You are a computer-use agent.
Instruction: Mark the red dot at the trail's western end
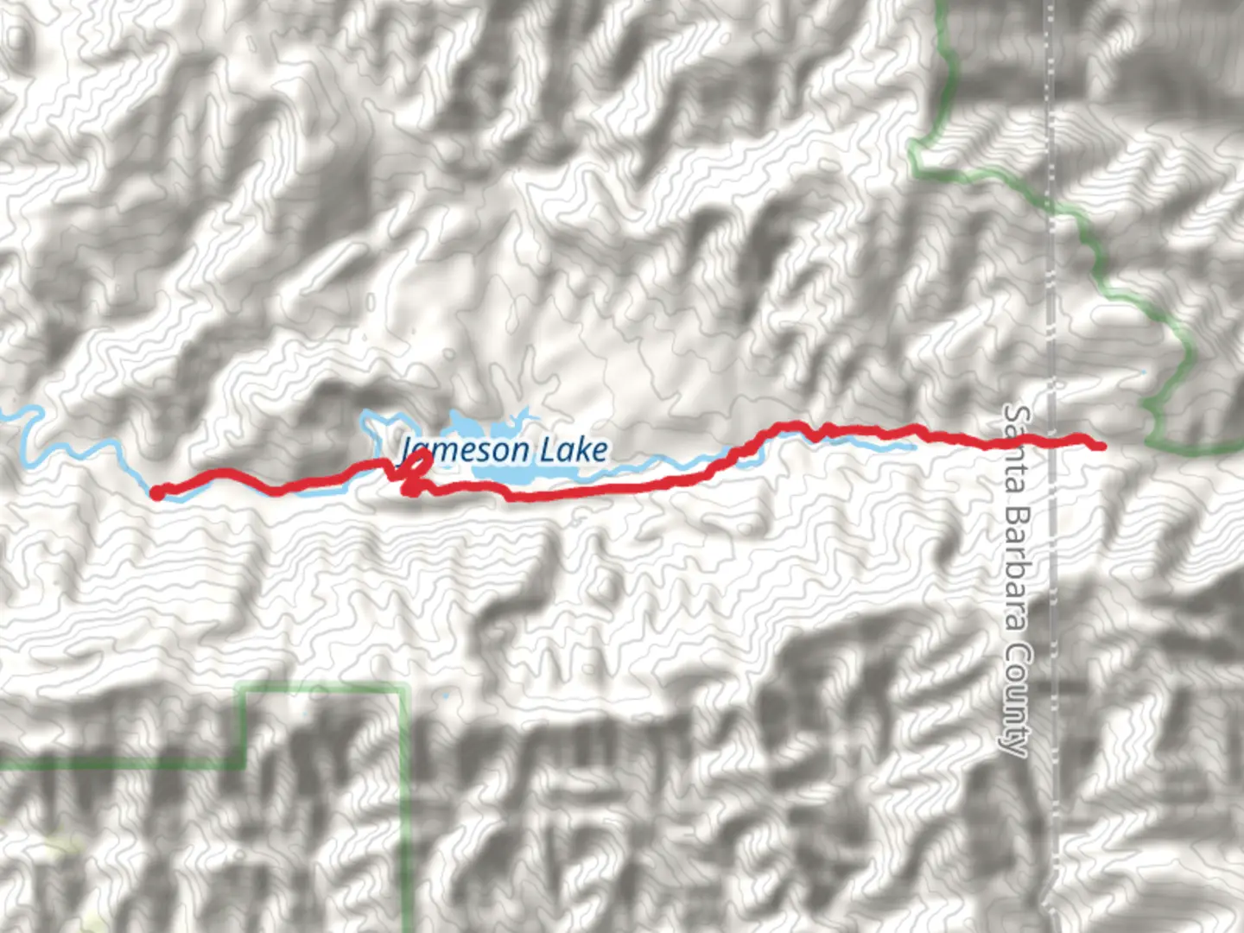pos(157,492)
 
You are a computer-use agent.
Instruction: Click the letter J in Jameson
pos(407,451)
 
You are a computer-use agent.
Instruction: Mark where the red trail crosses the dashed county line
pos(1052,441)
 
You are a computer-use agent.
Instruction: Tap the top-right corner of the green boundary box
pos(404,688)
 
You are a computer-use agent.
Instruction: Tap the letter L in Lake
pos(549,450)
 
